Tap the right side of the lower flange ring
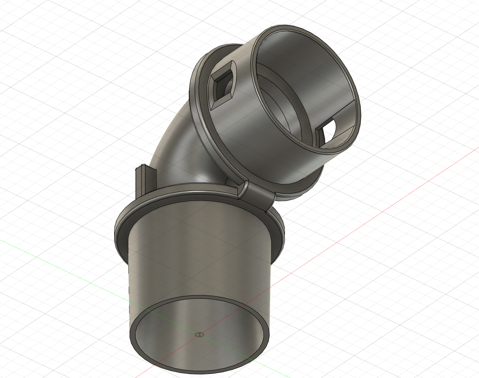pyautogui.click(x=280, y=232)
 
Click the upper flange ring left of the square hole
pyautogui.click(x=198, y=86)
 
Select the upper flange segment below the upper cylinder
pyautogui.click(x=292, y=191)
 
